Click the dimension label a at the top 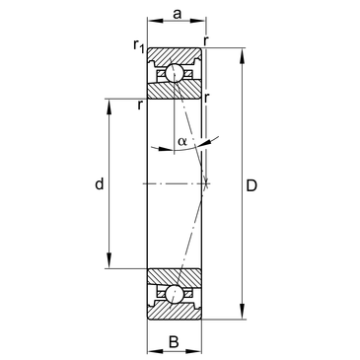click(x=178, y=14)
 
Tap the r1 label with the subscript click(x=139, y=45)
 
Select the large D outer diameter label click(x=252, y=186)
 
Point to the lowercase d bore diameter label click(x=100, y=183)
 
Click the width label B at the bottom click(x=174, y=341)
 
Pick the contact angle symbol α click(x=182, y=142)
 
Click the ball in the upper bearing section click(x=174, y=73)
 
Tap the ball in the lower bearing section click(x=174, y=294)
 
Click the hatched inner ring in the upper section click(x=175, y=90)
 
